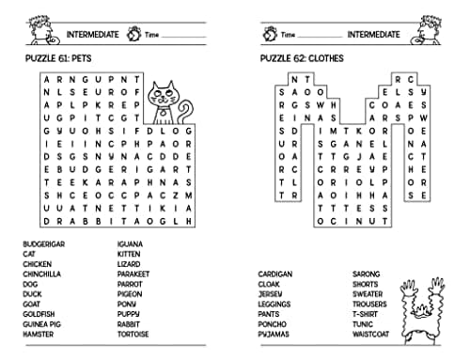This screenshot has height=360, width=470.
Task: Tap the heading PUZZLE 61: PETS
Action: pyautogui.click(x=65, y=59)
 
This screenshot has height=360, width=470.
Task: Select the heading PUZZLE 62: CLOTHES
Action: pyautogui.click(x=302, y=59)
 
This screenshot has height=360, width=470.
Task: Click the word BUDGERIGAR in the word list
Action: pyautogui.click(x=46, y=244)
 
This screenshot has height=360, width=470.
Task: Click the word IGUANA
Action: pyautogui.click(x=130, y=244)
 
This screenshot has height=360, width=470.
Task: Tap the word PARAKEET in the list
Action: pyautogui.click(x=133, y=274)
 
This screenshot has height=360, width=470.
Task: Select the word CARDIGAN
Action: pyautogui.click(x=275, y=274)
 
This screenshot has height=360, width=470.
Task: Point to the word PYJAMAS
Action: pyautogui.click(x=273, y=334)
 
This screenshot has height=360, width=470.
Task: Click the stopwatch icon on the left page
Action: pyautogui.click(x=133, y=35)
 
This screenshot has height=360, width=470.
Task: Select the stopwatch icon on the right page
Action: pyautogui.click(x=271, y=35)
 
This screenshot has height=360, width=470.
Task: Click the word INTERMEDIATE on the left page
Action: pyautogui.click(x=92, y=35)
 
